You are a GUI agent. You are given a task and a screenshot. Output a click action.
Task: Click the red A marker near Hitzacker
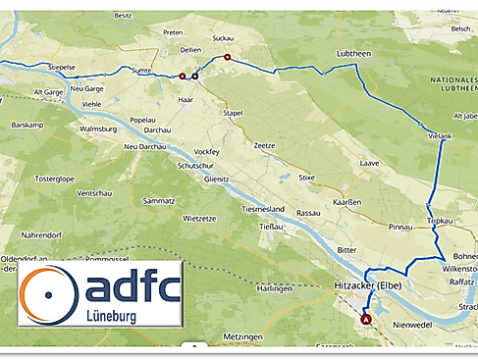tap(367, 320)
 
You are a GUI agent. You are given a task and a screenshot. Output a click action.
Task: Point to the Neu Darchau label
tap(145, 146)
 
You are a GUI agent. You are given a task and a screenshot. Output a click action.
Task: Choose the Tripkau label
tap(440, 222)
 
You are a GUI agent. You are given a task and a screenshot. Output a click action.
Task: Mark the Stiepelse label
tap(62, 67)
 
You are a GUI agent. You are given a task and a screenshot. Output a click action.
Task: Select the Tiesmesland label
tap(262, 210)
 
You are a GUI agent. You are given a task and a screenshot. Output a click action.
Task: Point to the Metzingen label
tap(241, 336)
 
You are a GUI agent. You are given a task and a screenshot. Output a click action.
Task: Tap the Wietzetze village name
tap(199, 218)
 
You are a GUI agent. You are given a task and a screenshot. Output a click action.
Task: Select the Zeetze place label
tap(264, 145)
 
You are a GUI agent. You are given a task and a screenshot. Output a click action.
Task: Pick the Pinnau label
tap(400, 227)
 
